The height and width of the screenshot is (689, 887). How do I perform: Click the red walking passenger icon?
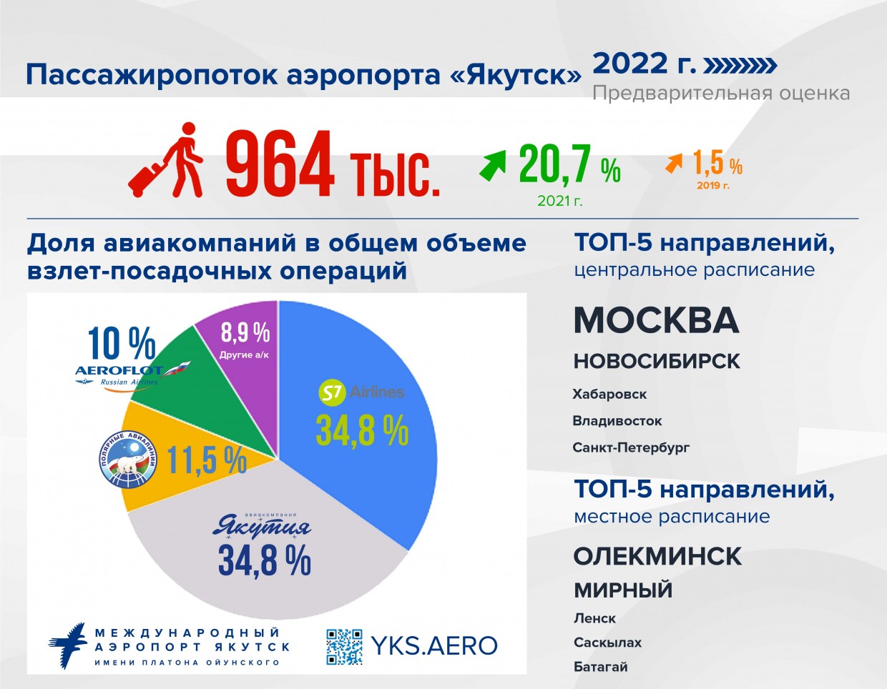point(165,160)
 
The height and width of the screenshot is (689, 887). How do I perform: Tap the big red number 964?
point(280,164)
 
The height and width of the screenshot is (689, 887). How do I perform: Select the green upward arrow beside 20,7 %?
point(492,165)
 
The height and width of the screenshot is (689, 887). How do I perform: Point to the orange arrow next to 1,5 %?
point(674,163)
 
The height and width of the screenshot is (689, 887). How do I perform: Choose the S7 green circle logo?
point(333,393)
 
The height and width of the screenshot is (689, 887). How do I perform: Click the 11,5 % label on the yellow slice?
point(207,460)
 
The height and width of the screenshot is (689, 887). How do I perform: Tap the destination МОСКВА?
point(657,320)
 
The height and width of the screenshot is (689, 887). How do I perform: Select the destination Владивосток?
point(617,421)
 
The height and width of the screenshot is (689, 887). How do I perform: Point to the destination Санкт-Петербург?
point(631,447)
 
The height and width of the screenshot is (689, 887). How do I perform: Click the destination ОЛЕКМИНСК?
point(657,556)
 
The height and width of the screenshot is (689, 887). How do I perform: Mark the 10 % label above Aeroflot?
point(122,344)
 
